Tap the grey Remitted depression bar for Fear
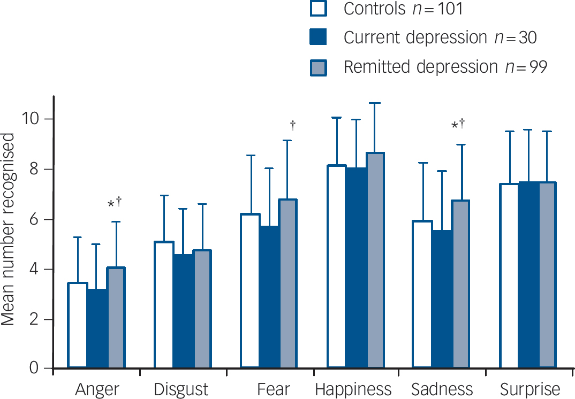tap(288, 283)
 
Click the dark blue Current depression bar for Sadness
tap(442, 300)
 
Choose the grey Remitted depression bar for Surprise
tap(548, 275)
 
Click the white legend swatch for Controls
tap(319, 9)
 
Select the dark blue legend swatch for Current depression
tap(319, 38)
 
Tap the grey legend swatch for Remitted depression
tap(319, 67)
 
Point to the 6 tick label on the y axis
tap(39, 219)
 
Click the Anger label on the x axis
tap(96, 389)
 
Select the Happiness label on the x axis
tap(353, 389)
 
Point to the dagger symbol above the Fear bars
tap(293, 125)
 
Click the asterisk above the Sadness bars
tap(455, 126)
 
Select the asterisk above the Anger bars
tap(111, 204)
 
